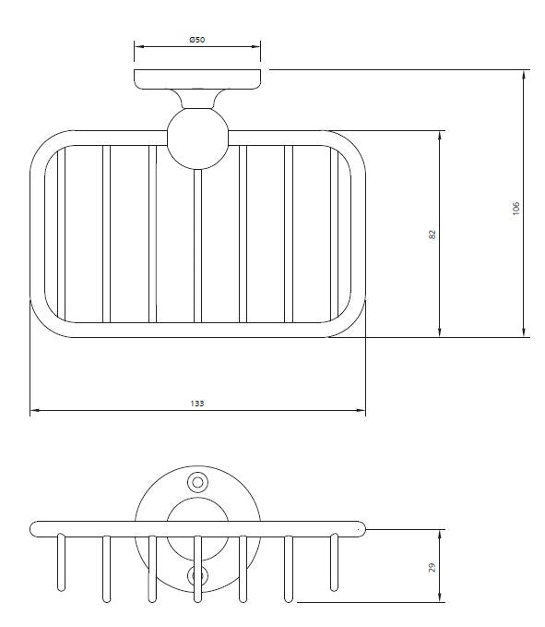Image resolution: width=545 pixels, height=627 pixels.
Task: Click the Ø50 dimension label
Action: (x=197, y=40)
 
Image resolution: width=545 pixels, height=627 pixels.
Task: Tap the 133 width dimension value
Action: (x=197, y=404)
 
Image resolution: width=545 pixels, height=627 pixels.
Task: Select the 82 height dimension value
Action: (x=432, y=235)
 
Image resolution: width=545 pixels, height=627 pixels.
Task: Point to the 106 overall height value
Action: (x=515, y=209)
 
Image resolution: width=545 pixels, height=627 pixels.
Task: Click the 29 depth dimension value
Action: (x=432, y=567)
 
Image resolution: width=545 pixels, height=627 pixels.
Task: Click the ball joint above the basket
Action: (x=197, y=139)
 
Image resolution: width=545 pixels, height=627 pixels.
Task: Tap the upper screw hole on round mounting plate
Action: (x=197, y=483)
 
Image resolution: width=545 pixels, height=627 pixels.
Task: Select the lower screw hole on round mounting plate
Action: (x=197, y=576)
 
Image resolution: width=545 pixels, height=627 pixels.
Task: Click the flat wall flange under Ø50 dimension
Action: (x=197, y=79)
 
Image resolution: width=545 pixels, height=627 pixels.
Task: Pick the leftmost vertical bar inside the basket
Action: (x=61, y=234)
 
